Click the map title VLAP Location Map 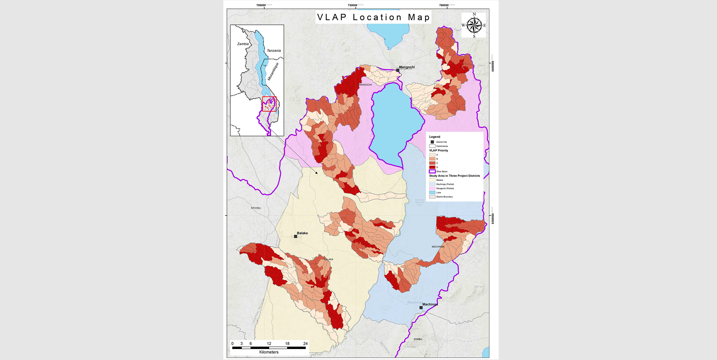coord(373,17)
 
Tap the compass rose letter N coord(474,14)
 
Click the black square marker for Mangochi coord(398,70)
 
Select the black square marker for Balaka coord(295,236)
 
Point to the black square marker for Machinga coord(421,308)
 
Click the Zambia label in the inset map coord(243,44)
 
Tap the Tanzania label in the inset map coord(274,51)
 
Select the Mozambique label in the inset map coord(273,72)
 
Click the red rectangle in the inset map coord(269,104)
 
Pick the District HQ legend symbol coord(432,142)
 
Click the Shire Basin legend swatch coord(432,171)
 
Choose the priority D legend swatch coord(432,167)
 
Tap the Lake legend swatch coord(432,193)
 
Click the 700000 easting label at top coord(261,5)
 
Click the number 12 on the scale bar coord(269,343)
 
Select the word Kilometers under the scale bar coord(269,352)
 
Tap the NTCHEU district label coord(256,208)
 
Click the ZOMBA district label coord(418,339)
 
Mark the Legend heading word coord(435,137)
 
